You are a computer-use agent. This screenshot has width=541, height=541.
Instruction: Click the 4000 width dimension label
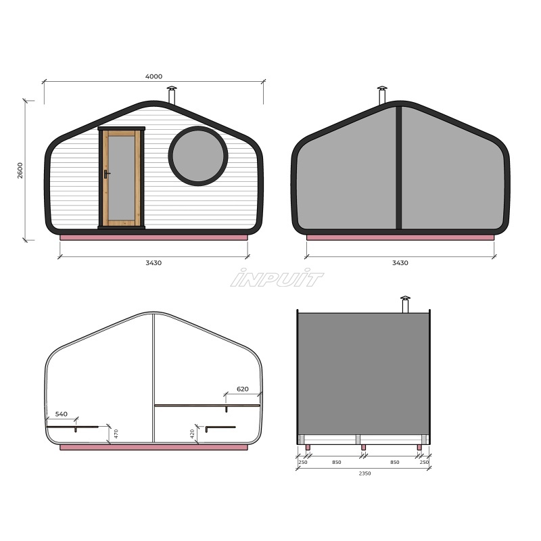pos(154,76)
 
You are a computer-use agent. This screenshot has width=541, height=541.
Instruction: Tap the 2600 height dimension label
pos(20,170)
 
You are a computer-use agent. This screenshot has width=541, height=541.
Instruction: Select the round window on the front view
pos(198,156)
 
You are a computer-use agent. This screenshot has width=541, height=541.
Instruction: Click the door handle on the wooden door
pos(106,174)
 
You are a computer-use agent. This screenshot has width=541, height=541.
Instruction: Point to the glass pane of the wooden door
pos(121,178)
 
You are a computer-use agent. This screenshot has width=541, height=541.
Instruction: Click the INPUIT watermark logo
pos(277,278)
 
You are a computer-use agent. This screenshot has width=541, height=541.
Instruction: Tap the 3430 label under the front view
pos(154,263)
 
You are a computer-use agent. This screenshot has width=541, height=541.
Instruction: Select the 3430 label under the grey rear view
pos(400,263)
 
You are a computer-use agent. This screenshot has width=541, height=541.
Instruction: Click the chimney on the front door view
pos(172,95)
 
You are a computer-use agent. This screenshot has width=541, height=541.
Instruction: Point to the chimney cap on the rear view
pos(382,88)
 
